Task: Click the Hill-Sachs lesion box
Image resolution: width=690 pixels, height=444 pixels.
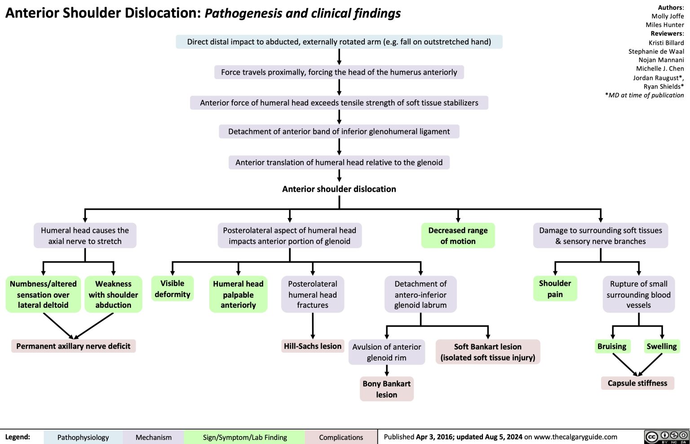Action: (313, 346)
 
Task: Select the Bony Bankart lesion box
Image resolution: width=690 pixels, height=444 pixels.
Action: (386, 389)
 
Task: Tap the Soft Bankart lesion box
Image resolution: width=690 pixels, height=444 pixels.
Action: (487, 352)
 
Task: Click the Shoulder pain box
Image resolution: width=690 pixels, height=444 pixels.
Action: (555, 289)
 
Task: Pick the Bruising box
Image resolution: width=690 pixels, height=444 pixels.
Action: (611, 346)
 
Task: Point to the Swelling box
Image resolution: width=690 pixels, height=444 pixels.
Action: (661, 346)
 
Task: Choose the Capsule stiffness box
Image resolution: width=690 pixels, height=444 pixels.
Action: (637, 383)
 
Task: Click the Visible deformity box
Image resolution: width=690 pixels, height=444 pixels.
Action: (172, 289)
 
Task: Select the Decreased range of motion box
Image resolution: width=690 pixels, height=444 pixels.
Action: (458, 235)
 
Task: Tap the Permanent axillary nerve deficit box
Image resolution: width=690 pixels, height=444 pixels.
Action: (73, 346)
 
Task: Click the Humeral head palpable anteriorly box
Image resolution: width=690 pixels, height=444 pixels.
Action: (238, 294)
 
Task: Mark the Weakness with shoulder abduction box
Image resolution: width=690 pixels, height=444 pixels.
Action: (113, 294)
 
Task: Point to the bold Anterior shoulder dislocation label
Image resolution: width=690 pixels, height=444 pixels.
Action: (339, 189)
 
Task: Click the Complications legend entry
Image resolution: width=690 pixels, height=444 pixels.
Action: (341, 437)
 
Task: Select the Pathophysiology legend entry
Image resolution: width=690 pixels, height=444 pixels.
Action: (83, 437)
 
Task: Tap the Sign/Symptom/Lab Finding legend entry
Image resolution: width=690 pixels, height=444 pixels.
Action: (245, 437)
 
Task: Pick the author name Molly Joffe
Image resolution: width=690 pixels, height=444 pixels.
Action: (668, 16)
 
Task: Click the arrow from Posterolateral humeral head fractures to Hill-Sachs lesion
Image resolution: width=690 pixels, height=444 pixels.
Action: (313, 326)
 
